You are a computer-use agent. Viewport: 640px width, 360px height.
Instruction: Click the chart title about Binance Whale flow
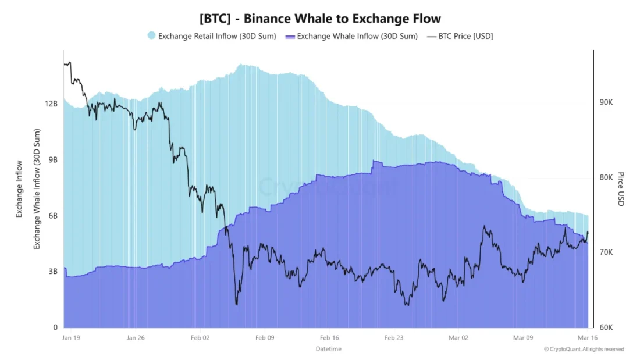[320, 18]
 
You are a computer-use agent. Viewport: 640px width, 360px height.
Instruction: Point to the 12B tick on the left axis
[51, 104]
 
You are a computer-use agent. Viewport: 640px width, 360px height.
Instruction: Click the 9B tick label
[53, 160]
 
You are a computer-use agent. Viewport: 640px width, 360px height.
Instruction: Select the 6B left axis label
[53, 216]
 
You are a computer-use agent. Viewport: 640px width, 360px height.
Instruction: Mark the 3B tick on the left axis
[53, 272]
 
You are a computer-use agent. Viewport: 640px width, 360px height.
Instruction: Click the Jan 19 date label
[71, 337]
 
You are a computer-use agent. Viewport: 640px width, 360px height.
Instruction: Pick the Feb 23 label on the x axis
[394, 337]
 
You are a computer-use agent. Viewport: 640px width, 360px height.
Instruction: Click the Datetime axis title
[329, 349]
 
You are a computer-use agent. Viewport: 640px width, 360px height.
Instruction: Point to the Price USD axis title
[621, 189]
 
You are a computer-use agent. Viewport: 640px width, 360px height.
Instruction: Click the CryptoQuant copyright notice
[584, 349]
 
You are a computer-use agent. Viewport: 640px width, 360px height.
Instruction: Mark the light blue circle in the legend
[151, 36]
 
